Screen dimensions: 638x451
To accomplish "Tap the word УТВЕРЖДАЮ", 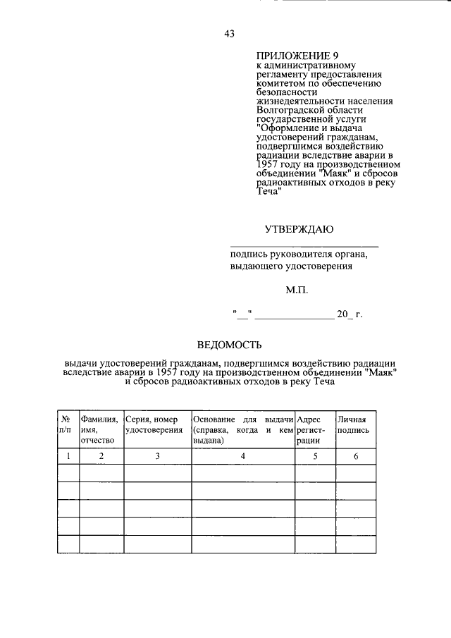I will click(x=299, y=228).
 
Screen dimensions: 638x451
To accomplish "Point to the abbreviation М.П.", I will click(x=297, y=289).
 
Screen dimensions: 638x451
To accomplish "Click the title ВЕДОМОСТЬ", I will click(x=229, y=345).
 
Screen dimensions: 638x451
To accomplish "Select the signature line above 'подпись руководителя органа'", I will click(x=304, y=246).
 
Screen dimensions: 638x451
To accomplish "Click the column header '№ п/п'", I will click(x=67, y=424).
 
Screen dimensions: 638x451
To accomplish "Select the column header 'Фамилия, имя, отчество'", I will click(x=101, y=429).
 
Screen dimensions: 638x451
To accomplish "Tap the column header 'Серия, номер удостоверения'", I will click(x=157, y=424).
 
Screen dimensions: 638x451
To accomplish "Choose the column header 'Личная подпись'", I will click(x=354, y=424).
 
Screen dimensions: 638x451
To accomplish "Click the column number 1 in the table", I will click(x=68, y=456).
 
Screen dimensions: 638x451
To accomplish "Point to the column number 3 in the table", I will click(x=157, y=456).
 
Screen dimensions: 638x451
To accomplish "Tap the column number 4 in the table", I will click(x=242, y=456).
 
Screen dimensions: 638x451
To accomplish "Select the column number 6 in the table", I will click(x=356, y=456).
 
